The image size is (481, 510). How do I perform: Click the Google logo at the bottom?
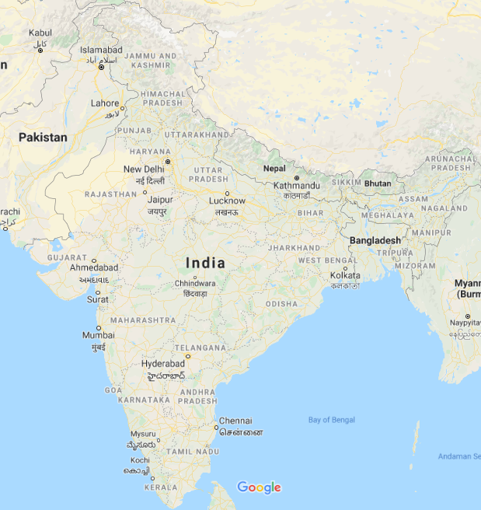click(259, 487)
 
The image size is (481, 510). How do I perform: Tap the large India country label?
click(205, 263)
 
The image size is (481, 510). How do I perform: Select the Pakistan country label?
click(43, 137)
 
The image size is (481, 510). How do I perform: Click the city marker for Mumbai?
click(99, 328)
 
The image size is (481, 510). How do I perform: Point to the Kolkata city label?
click(345, 275)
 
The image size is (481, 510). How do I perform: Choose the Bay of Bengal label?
click(331, 420)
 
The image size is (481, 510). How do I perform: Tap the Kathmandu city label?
click(296, 186)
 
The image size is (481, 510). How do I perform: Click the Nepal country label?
click(274, 168)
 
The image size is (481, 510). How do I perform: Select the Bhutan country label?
click(378, 183)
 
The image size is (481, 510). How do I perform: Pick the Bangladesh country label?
click(375, 240)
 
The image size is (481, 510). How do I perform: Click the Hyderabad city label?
click(163, 364)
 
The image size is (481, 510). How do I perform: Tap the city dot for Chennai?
click(216, 427)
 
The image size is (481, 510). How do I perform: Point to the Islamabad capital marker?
click(101, 67)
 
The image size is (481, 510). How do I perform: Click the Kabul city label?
click(40, 33)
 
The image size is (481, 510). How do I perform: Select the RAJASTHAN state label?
click(110, 194)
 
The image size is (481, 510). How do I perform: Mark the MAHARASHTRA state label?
click(143, 320)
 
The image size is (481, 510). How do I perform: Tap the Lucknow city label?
click(227, 201)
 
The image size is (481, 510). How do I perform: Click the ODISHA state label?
click(281, 303)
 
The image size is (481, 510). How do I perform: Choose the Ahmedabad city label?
click(94, 267)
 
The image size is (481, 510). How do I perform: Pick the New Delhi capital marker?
click(167, 162)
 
